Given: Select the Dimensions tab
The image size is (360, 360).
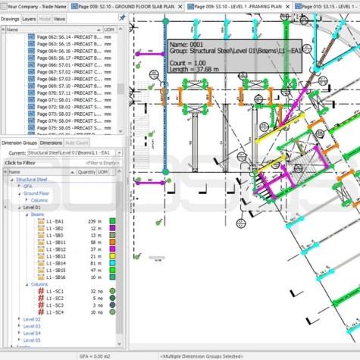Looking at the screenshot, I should click(51, 142).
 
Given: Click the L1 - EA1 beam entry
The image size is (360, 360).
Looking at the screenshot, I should click(55, 221).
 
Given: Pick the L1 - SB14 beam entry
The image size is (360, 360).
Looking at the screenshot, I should click(55, 262).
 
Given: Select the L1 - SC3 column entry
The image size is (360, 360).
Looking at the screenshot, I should click(55, 305).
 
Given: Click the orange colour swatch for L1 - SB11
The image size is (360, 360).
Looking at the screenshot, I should click(111, 242).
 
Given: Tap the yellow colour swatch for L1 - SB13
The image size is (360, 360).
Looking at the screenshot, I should click(111, 255).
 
